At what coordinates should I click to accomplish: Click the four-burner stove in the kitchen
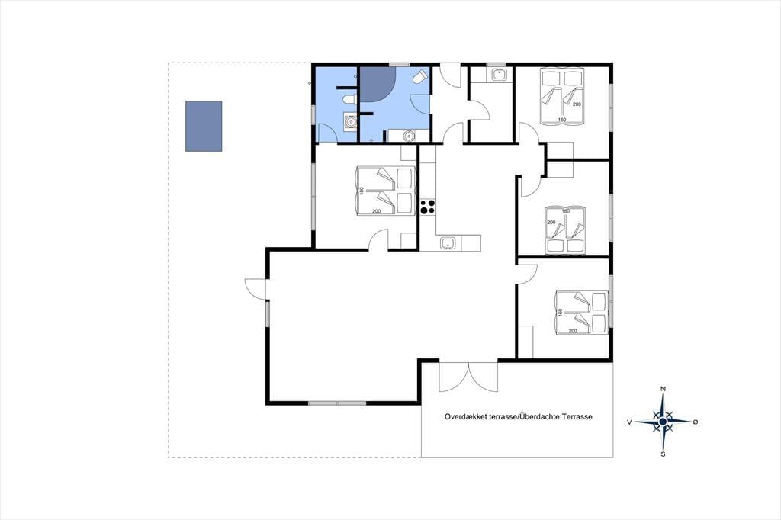(428, 207)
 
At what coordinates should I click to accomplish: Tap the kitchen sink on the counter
(448, 243)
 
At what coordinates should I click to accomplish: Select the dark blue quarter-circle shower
(377, 84)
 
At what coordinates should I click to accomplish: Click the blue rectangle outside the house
(204, 126)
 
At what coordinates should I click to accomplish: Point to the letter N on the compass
(663, 389)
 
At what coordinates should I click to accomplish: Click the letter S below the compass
(663, 454)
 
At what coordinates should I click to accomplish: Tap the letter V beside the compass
(629, 422)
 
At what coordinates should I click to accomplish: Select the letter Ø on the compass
(696, 422)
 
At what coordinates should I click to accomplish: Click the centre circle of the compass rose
(663, 422)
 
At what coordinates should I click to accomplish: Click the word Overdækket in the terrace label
(464, 417)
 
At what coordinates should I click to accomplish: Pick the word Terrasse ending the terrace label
(577, 417)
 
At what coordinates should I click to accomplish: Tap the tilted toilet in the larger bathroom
(420, 78)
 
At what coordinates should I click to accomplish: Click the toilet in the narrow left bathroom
(349, 99)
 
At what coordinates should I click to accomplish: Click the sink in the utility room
(498, 75)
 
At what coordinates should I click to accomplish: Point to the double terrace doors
(468, 377)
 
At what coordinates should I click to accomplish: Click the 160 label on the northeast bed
(562, 120)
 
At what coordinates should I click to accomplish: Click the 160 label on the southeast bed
(561, 313)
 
